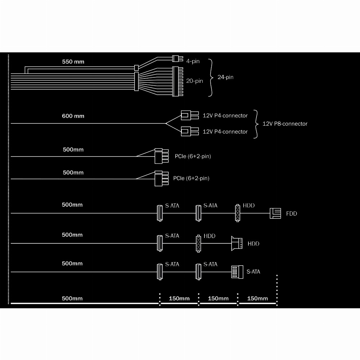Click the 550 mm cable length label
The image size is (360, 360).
(x=73, y=62)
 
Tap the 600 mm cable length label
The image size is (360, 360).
(x=73, y=116)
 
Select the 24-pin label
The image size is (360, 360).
(x=225, y=77)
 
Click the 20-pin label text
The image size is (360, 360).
(x=194, y=81)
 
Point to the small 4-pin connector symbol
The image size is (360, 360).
(x=178, y=59)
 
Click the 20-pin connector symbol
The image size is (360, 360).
(x=178, y=81)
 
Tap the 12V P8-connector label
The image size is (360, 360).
(x=285, y=124)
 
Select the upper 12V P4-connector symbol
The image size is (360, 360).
(x=190, y=115)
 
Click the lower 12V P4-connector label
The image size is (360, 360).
(x=225, y=131)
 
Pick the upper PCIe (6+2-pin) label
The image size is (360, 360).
(x=193, y=156)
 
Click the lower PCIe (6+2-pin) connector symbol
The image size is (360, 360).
(x=162, y=179)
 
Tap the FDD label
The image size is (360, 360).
(x=292, y=213)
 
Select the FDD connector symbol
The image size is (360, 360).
(x=275, y=213)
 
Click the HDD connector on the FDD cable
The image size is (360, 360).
(x=238, y=213)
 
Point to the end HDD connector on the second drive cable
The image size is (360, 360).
(x=237, y=243)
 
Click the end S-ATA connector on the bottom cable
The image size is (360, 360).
(x=237, y=272)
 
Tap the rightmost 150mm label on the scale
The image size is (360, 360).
(x=257, y=298)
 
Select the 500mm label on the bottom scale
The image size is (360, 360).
(x=72, y=298)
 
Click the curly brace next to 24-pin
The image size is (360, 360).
(x=211, y=78)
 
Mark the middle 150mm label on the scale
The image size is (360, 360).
(x=218, y=298)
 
